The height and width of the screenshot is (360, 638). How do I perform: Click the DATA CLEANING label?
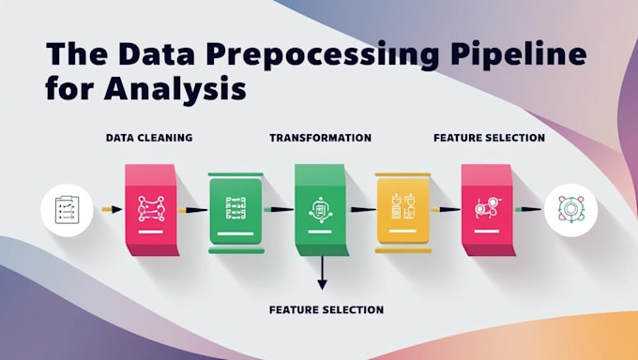tap(149, 138)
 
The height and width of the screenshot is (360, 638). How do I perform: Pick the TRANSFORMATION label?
tap(320, 138)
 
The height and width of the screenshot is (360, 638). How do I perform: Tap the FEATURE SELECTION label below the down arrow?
tap(326, 309)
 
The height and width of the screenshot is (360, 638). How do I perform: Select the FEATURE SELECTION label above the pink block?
tap(489, 138)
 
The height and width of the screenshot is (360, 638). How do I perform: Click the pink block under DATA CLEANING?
tap(150, 207)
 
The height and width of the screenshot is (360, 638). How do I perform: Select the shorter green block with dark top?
tap(235, 211)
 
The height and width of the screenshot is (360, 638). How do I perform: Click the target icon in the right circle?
tap(570, 209)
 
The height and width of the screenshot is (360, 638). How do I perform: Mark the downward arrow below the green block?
tap(322, 275)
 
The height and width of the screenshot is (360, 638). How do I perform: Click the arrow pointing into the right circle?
tap(532, 209)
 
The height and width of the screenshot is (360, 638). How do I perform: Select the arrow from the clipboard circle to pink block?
tap(111, 209)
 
